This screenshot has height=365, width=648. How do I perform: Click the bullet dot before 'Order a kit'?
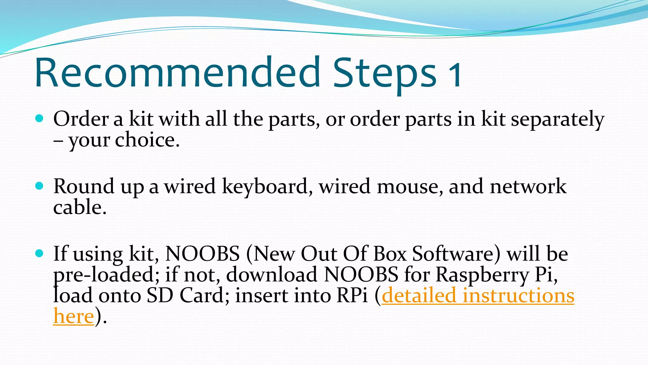39,119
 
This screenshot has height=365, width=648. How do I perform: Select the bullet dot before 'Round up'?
39,186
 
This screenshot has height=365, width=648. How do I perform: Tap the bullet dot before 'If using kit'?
39,253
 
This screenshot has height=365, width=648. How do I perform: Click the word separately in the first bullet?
558,120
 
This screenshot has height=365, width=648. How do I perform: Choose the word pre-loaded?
103,274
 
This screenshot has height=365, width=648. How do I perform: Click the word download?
272,274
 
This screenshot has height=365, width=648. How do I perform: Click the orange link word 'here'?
73,316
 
